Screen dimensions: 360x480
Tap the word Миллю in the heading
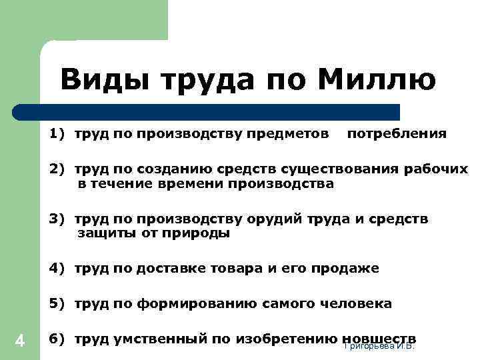(377, 81)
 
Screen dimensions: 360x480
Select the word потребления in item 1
(397, 133)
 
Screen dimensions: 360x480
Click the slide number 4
(20, 341)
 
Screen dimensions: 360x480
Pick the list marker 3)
(57, 219)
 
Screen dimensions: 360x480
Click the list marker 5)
(57, 304)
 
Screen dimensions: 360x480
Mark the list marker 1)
(57, 133)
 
